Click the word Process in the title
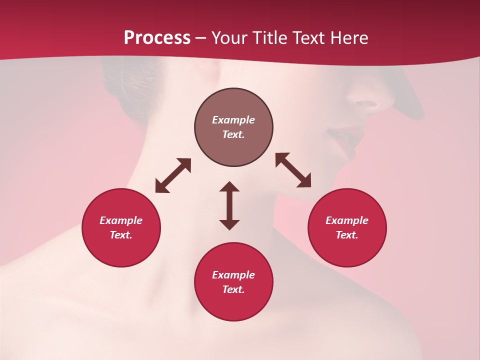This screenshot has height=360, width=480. coord(157,38)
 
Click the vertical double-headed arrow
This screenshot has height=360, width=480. coord(229,205)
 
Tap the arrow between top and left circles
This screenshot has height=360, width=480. coord(173,175)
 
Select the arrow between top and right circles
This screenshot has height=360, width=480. coord(293,170)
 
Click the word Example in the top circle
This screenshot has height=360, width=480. coord(233,120)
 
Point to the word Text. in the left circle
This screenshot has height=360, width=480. coord(121,235)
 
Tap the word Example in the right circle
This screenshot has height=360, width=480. coord(347,220)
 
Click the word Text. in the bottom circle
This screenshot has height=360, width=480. coord(233,289)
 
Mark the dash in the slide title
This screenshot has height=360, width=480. coord(201,38)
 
